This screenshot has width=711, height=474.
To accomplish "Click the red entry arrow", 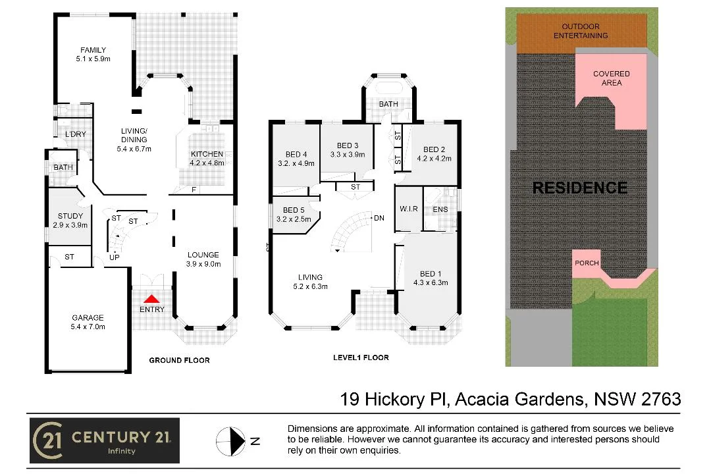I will click(152, 299).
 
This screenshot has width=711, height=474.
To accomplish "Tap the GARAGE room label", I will click(88, 317).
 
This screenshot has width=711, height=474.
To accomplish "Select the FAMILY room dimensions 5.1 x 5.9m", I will click(93, 59).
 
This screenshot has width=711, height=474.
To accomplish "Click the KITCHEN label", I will click(207, 154).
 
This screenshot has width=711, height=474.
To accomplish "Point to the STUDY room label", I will click(70, 216).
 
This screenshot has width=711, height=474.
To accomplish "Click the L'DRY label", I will click(75, 134).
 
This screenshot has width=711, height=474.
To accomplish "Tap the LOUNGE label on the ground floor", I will click(203, 255).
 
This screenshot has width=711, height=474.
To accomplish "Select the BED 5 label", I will click(294, 211).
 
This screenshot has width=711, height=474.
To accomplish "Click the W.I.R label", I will click(409, 210).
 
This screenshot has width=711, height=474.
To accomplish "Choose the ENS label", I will click(440, 210).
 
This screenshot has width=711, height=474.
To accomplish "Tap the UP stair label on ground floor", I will click(114, 257).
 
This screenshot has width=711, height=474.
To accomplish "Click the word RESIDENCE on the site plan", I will click(579, 188).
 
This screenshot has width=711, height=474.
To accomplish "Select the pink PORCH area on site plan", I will click(587, 263).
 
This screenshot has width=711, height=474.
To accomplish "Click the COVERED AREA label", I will click(611, 78).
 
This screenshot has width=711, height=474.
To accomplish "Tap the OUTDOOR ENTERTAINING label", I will click(580, 31).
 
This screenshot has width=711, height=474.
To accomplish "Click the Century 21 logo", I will click(104, 440).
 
